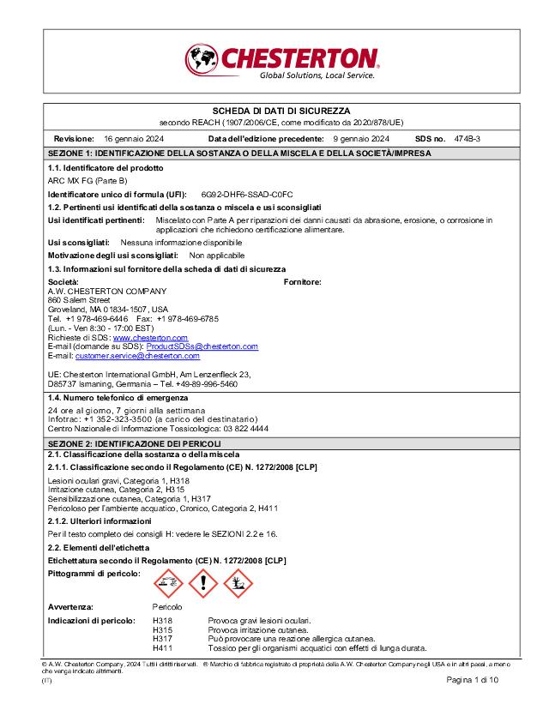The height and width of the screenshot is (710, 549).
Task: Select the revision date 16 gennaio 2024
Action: pos(134,139)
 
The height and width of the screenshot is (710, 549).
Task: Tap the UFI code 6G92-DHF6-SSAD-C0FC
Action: pos(247,195)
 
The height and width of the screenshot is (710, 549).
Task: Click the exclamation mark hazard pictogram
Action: pos(203,584)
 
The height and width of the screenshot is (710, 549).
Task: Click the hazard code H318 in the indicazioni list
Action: pos(162,621)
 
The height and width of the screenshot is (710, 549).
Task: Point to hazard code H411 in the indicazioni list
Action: pos(162,647)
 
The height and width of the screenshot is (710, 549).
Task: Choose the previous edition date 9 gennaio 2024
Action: pos(361,139)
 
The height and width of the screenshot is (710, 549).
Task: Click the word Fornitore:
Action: pos(302,282)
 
